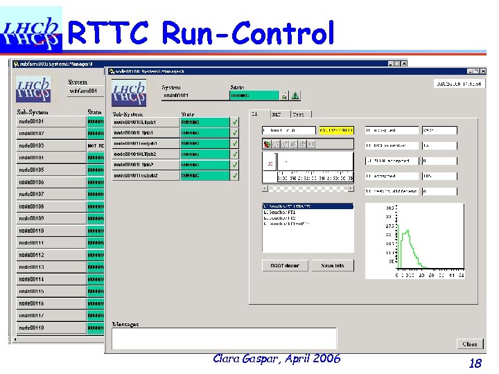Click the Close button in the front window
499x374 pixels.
(x=470, y=344)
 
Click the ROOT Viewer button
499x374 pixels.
(x=285, y=265)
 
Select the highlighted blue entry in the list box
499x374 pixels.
(x=308, y=206)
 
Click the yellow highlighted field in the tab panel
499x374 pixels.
(x=336, y=130)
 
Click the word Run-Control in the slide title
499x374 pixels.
(x=248, y=33)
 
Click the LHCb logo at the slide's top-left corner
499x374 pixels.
(x=31, y=30)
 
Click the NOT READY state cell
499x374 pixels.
(x=96, y=145)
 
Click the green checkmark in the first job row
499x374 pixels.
(x=234, y=122)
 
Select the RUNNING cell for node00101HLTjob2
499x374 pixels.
(x=204, y=154)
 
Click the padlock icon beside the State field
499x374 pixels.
(x=284, y=96)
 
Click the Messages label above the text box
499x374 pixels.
(x=125, y=324)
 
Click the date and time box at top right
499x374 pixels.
(x=458, y=83)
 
